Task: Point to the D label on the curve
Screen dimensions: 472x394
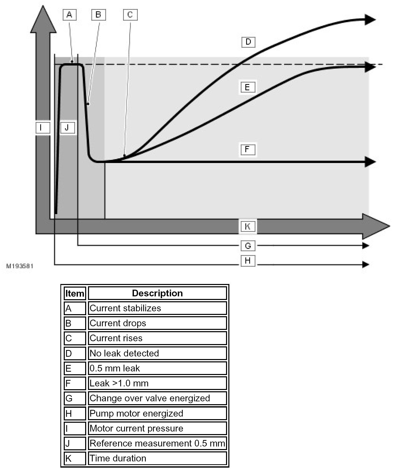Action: [248, 42]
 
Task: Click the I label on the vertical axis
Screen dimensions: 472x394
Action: [43, 127]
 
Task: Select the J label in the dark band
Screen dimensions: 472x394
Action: [68, 127]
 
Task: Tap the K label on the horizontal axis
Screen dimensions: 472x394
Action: [248, 226]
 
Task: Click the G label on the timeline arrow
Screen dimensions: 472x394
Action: [248, 246]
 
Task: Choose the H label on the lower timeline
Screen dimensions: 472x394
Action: [248, 261]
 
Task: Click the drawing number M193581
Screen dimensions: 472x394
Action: [20, 266]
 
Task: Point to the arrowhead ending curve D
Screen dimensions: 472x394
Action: [370, 20]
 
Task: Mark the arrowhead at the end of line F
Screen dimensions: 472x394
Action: [370, 162]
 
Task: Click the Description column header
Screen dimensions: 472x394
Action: [157, 293]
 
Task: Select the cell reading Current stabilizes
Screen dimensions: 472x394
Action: [157, 308]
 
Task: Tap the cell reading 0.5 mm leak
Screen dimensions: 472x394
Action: [157, 368]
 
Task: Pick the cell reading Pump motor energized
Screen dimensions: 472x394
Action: [157, 413]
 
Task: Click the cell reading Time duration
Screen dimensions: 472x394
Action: [157, 458]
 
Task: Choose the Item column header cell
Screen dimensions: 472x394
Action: [75, 293]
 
